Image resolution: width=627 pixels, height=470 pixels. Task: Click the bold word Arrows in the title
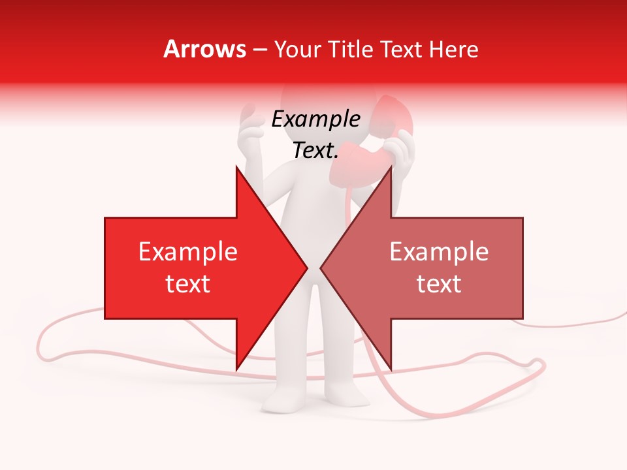[x=205, y=49]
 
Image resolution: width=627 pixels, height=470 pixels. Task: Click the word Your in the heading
[x=298, y=49]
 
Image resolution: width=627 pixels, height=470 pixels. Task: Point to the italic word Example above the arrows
[x=315, y=119]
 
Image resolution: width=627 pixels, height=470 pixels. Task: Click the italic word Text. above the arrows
[x=315, y=150]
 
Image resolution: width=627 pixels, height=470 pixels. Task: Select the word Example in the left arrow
[x=188, y=252]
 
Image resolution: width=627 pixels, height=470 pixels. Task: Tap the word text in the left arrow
[x=188, y=284]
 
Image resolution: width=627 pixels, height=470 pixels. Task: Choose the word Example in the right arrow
[x=439, y=252]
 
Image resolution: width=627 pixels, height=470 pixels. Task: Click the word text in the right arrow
[x=439, y=284]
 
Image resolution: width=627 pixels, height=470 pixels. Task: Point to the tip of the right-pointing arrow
[x=306, y=268]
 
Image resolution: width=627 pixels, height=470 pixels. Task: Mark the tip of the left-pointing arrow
[x=321, y=268]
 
